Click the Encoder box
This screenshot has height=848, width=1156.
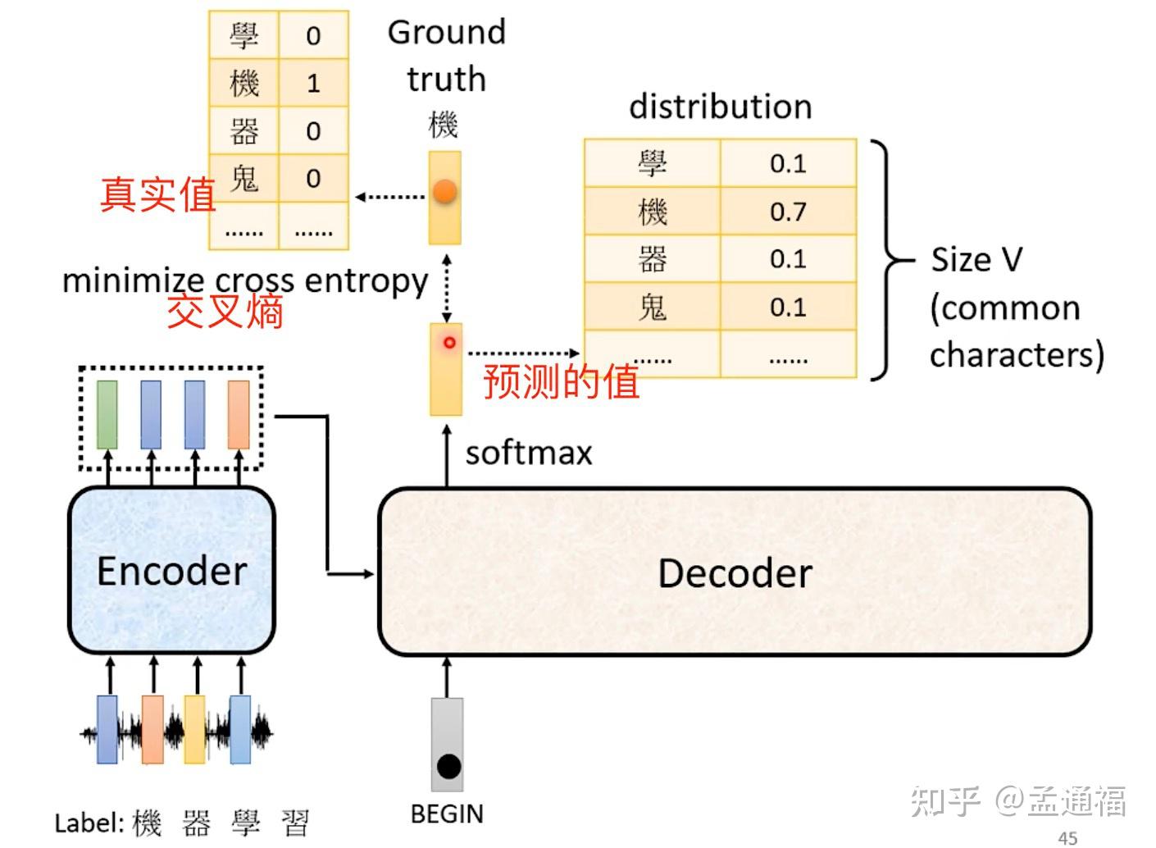(171, 571)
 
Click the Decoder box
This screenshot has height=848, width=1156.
(735, 572)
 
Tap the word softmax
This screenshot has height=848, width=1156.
(529, 454)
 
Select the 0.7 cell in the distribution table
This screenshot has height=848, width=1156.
(788, 212)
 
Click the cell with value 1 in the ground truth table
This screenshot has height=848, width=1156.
(313, 83)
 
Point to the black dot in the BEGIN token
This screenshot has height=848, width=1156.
(448, 766)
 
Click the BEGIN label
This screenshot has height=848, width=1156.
(447, 814)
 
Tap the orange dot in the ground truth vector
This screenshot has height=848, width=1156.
(444, 192)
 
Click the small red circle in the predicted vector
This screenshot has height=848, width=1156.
(448, 343)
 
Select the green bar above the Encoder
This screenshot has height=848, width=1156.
(107, 414)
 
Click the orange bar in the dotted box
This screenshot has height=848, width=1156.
(239, 414)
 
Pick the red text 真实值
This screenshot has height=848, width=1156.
(157, 194)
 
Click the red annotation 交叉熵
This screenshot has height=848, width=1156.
(225, 312)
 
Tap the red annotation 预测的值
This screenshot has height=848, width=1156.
(561, 381)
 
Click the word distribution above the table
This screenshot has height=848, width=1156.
(720, 107)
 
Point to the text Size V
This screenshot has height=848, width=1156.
(976, 260)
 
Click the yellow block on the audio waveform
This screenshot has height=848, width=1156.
(194, 729)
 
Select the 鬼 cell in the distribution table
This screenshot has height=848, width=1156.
(653, 308)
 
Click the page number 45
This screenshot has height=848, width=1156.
(1067, 837)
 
